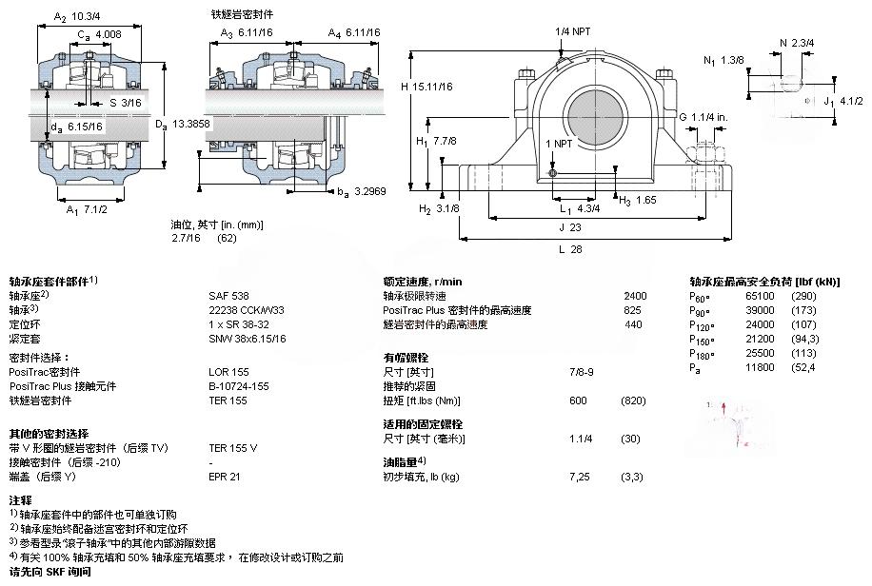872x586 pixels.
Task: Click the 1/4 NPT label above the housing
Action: coord(573,31)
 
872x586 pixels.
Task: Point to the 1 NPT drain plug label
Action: coord(560,143)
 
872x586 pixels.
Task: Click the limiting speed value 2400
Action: coord(634,296)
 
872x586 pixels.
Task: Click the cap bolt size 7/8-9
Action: coord(581,371)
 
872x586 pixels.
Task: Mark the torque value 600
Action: coord(577,400)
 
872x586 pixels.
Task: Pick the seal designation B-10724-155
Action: coord(239,386)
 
